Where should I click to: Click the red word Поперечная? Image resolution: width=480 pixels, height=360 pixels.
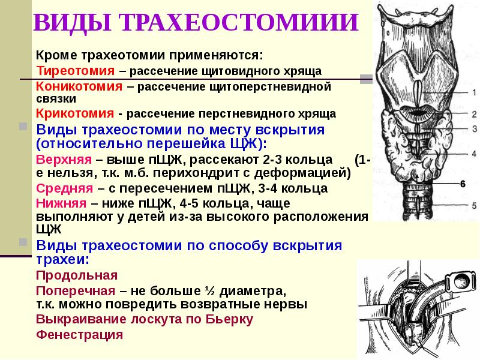click(75, 291)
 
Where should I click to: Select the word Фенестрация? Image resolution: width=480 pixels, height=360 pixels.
click(80, 334)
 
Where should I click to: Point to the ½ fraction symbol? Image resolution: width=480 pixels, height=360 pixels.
click(210, 291)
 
